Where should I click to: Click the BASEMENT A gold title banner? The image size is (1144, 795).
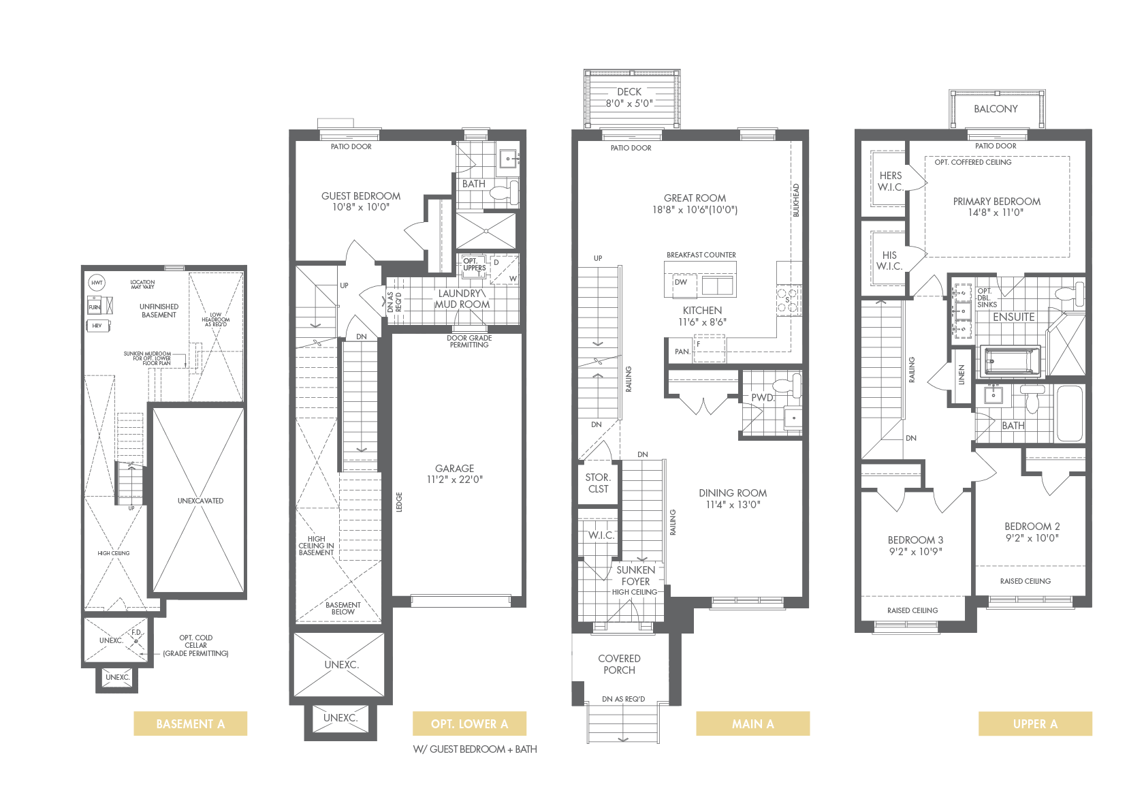tap(191, 723)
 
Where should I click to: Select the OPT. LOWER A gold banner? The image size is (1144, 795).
tap(469, 723)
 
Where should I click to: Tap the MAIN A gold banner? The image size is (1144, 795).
tap(753, 723)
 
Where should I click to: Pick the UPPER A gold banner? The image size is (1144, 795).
tap(1035, 723)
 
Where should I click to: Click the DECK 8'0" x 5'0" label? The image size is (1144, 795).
tap(629, 97)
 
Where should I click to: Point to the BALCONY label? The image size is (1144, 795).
tap(996, 109)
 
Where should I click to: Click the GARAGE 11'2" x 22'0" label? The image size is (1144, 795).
tap(455, 473)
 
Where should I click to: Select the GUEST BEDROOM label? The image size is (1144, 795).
tap(361, 196)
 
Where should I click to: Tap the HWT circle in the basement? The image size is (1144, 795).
tap(97, 283)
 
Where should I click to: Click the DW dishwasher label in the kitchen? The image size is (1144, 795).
tap(681, 282)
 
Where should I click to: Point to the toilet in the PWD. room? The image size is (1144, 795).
tap(786, 386)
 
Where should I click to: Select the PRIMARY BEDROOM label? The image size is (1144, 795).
tap(996, 202)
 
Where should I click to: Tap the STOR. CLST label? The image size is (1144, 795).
tap(598, 483)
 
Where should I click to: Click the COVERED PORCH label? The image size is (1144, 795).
tap(619, 664)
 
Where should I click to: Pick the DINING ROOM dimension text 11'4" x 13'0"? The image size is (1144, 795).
tap(733, 505)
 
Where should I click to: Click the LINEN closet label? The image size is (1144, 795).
tap(962, 375)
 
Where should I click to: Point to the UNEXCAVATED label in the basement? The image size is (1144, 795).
tap(200, 501)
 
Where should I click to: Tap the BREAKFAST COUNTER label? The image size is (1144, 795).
tap(701, 255)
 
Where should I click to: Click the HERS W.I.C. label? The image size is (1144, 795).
tap(890, 181)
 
